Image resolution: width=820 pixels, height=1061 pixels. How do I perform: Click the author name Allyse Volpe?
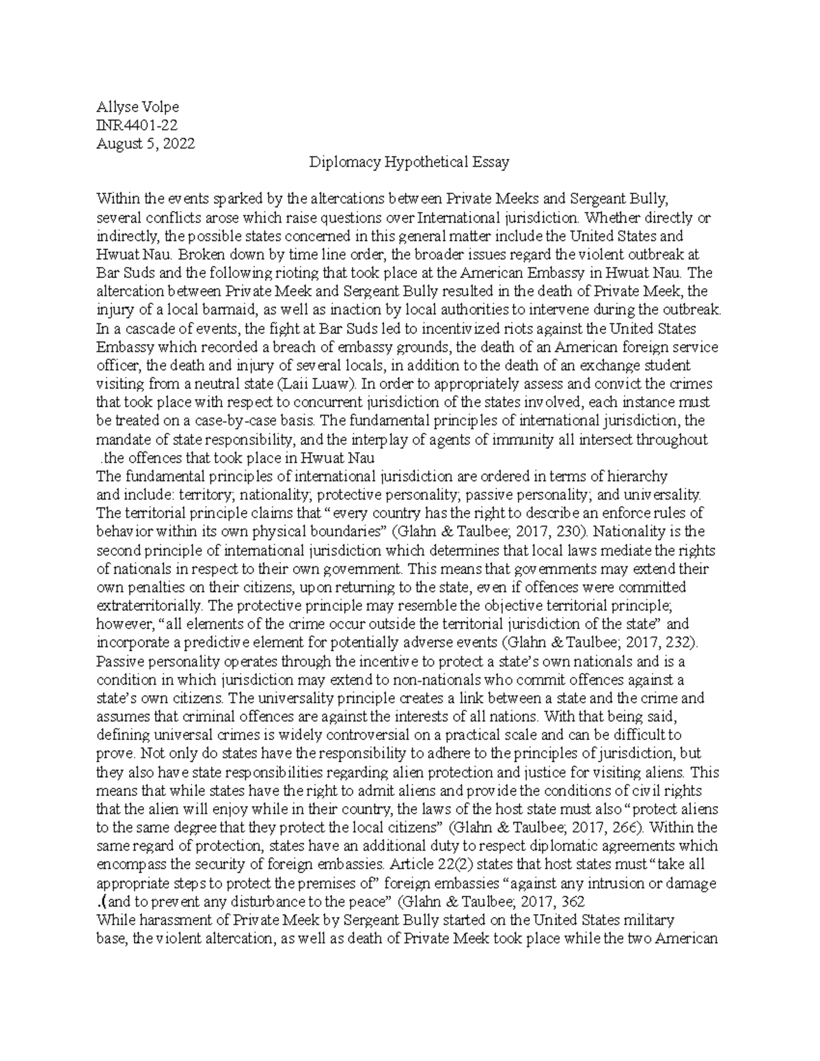pyautogui.click(x=138, y=107)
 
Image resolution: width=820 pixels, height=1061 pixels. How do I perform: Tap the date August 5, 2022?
pyautogui.click(x=146, y=143)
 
